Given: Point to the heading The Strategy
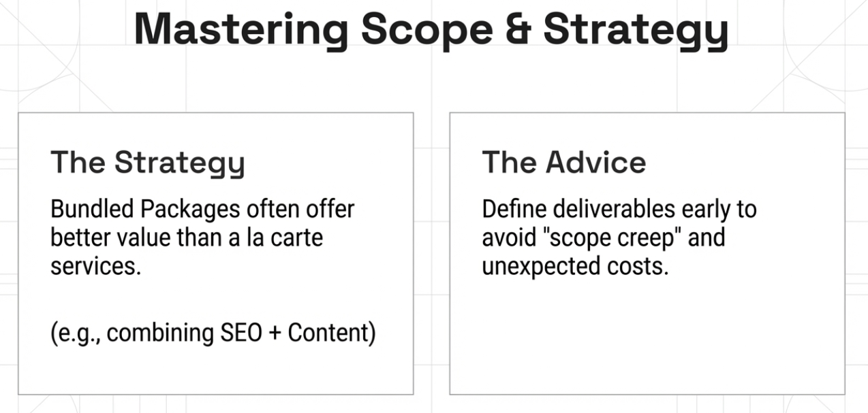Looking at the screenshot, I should point(147,163).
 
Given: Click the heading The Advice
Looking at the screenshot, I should point(564,163).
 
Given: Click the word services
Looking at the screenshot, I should point(95,266).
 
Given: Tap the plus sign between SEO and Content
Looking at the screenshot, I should point(275,334).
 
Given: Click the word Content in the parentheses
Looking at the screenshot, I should point(330,333).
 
